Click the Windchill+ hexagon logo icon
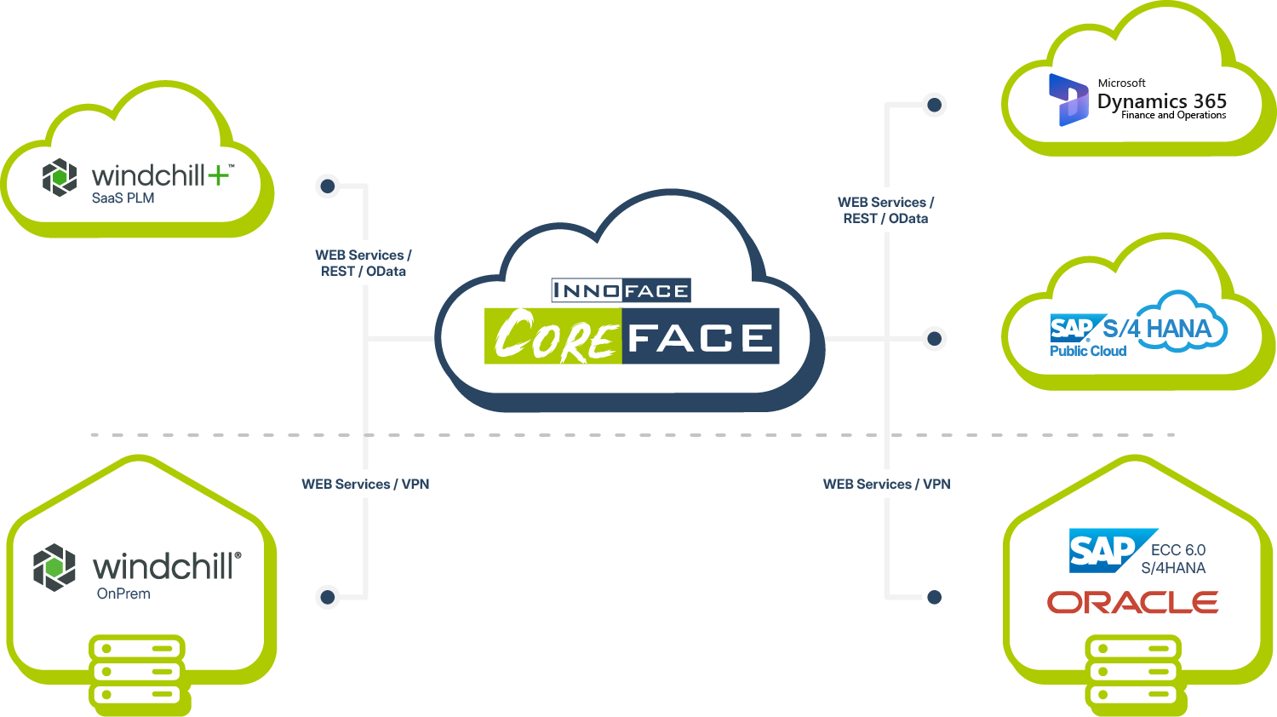[60, 177]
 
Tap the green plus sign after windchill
[219, 175]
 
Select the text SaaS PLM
[123, 198]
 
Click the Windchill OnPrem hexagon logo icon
[54, 567]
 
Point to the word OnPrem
[123, 594]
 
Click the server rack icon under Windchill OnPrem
[137, 671]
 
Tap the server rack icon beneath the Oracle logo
[1133, 671]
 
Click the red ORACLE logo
[1132, 603]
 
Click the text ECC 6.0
[1178, 550]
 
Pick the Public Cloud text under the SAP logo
[1088, 351]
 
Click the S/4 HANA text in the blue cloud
[1157, 329]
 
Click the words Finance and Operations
[1173, 115]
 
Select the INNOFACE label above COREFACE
[621, 290]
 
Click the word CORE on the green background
[553, 337]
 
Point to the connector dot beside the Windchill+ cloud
[328, 186]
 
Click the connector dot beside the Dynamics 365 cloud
[934, 105]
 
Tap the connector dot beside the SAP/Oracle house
[934, 597]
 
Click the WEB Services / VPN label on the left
[365, 484]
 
